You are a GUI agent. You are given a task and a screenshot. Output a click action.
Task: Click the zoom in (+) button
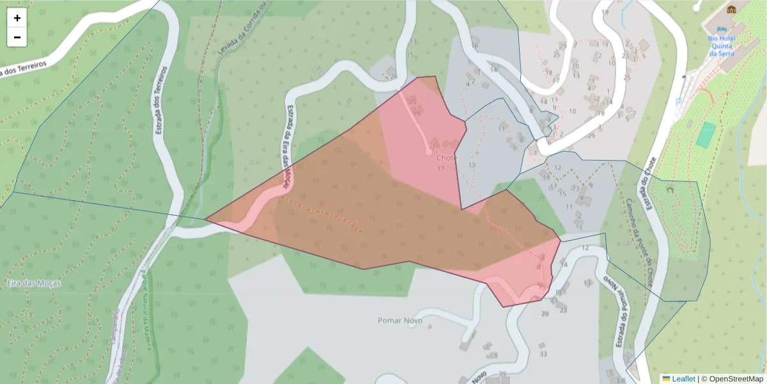pos(17,18)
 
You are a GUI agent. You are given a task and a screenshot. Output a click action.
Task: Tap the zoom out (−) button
pos(17,37)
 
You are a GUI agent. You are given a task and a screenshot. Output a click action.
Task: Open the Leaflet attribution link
pos(683,379)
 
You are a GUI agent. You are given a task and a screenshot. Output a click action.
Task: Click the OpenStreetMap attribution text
pos(732,379)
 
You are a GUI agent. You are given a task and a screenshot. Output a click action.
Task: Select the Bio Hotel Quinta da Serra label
pos(722,45)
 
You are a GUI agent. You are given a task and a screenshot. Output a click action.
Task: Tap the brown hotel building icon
pos(731,10)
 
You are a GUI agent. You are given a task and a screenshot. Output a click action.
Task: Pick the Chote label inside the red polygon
pos(447,157)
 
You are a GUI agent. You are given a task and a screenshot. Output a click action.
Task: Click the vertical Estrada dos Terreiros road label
pos(161,99)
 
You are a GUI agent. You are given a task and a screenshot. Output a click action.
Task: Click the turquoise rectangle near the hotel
pos(706,135)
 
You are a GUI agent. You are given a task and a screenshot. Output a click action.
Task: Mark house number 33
pos(543,354)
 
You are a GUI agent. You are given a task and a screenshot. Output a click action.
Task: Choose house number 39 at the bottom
pos(502,374)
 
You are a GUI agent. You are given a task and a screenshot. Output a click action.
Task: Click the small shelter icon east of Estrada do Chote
pos(670,190)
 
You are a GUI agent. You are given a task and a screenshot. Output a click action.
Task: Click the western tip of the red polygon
pos(206,220)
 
